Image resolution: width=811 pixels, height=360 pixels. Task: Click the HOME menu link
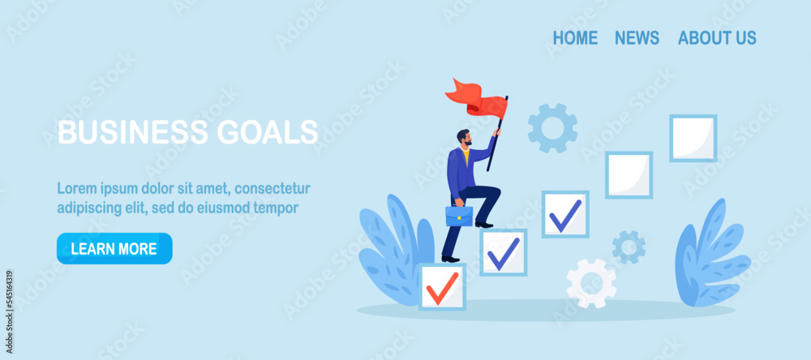click(575, 38)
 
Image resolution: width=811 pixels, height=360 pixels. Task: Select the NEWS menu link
click(637, 38)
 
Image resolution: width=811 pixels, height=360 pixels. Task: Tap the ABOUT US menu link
click(717, 38)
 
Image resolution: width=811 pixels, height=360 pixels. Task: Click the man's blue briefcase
click(459, 216)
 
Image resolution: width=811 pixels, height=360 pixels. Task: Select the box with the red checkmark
click(442, 287)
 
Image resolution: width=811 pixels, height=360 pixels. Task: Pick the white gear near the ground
click(591, 283)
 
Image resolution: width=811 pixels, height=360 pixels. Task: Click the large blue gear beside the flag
click(552, 127)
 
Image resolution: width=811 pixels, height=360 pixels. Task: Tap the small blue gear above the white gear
click(629, 246)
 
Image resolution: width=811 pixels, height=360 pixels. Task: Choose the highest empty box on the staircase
click(693, 138)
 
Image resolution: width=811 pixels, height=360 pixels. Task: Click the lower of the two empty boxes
click(629, 175)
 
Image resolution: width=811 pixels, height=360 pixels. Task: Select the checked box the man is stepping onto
click(503, 252)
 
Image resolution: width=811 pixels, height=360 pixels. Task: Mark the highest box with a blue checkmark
click(564, 214)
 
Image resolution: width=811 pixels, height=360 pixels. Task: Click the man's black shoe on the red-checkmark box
click(450, 259)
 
